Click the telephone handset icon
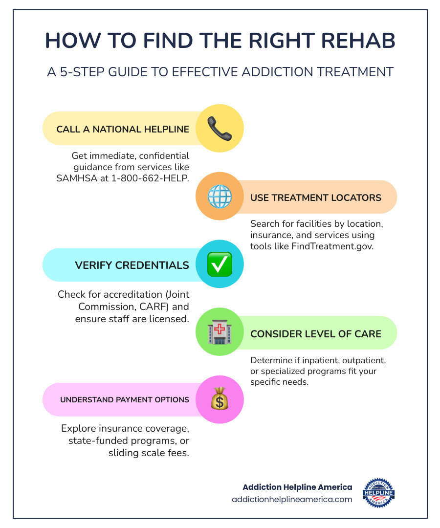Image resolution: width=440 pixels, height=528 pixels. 219,129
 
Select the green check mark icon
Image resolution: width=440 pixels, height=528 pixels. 220,264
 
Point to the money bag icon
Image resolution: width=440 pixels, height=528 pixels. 220,399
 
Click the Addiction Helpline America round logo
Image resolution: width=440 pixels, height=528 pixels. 379,493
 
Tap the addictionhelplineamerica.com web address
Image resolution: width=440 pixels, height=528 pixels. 292,499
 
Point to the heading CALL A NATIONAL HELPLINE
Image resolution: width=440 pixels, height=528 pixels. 123,130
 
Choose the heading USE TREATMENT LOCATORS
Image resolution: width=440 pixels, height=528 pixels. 316,198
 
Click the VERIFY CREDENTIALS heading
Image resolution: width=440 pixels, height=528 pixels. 132,265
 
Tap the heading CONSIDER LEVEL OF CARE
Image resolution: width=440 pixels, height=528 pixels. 316,334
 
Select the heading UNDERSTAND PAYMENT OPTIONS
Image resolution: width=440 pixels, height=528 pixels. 125,400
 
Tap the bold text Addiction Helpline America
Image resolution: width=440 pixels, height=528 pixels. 297,487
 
